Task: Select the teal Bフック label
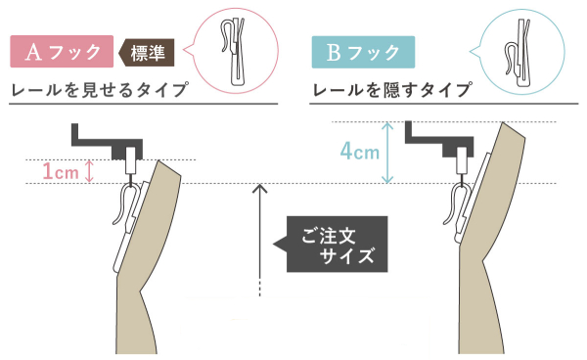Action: click(x=363, y=52)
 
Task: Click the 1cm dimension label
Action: click(x=61, y=172)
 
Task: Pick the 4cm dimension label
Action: click(x=359, y=153)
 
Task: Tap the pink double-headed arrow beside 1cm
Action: click(x=90, y=171)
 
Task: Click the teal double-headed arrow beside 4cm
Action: click(x=389, y=153)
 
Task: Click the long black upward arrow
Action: click(x=260, y=235)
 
